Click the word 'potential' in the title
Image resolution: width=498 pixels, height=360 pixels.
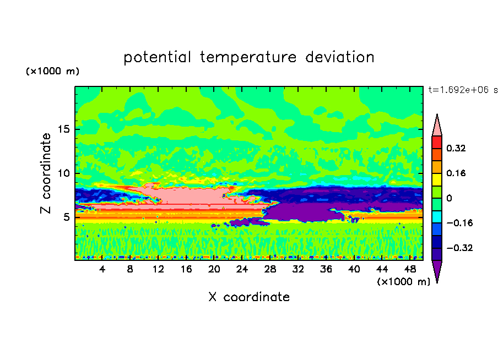(x=158, y=58)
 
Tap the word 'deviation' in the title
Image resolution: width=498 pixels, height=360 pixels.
(x=340, y=57)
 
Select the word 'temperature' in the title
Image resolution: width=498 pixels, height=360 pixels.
(x=248, y=57)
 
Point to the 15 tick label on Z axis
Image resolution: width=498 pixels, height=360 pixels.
(x=64, y=129)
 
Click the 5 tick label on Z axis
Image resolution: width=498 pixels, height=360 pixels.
(x=66, y=217)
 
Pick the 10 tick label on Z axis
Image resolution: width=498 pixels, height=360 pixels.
(x=64, y=173)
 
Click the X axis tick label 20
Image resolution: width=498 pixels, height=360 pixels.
(x=214, y=269)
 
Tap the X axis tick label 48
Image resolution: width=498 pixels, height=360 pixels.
(x=410, y=269)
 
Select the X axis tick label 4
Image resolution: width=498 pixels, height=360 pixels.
(x=102, y=269)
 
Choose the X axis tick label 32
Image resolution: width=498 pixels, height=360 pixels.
(x=298, y=269)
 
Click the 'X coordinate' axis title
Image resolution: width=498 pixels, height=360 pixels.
(x=249, y=297)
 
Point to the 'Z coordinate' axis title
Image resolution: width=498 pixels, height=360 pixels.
(x=46, y=173)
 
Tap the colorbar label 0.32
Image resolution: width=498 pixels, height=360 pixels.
(x=456, y=148)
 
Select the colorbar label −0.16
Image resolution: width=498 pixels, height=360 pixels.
(x=459, y=223)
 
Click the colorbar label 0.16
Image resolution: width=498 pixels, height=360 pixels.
(x=456, y=173)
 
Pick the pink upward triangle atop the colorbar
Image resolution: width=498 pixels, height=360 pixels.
(x=437, y=127)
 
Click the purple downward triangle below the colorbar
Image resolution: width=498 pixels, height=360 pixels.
(x=437, y=269)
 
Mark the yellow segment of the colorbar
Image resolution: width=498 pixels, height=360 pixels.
(x=437, y=179)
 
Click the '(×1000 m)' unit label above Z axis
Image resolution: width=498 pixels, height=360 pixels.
(x=52, y=71)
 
